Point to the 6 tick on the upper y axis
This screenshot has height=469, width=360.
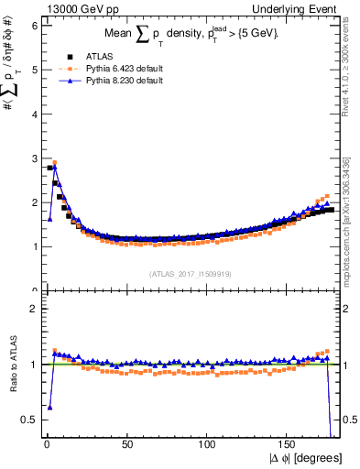pyautogui.click(x=34, y=26)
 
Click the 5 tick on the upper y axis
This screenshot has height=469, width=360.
pyautogui.click(x=34, y=70)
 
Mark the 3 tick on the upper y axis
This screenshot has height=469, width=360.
pyautogui.click(x=34, y=158)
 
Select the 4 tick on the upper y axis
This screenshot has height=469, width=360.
pyautogui.click(x=34, y=115)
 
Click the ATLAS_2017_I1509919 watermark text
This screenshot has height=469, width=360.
pyautogui.click(x=190, y=273)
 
